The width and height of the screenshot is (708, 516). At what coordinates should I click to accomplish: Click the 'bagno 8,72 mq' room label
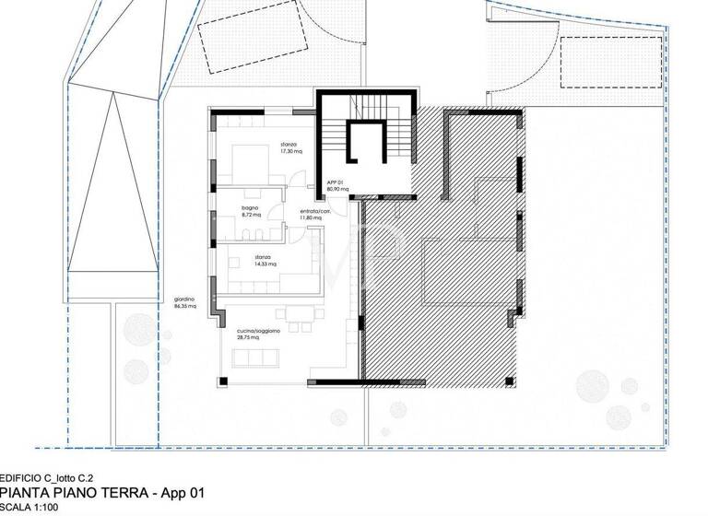coord(251,211)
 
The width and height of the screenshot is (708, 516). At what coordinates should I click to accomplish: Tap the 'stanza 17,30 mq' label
coord(292,148)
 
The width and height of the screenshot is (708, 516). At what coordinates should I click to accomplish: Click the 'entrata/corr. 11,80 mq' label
coord(315,215)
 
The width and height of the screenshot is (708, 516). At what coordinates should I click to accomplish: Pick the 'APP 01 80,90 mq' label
coord(335,186)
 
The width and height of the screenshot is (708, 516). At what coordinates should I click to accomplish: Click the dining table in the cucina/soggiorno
coord(298,316)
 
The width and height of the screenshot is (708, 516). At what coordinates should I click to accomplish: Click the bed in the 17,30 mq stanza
coord(249,167)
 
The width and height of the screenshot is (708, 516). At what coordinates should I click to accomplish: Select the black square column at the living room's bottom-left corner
coord(222,380)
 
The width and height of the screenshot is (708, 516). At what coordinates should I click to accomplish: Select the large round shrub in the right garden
coord(591,386)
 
